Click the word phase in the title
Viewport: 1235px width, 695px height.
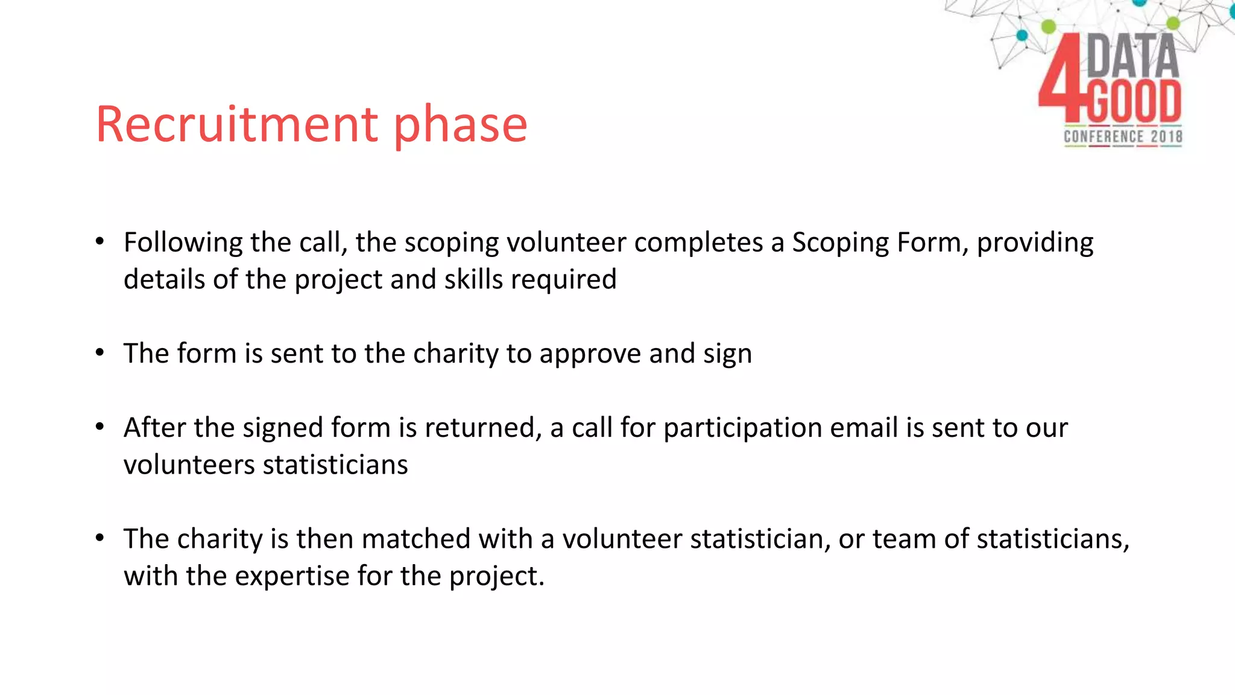(461, 124)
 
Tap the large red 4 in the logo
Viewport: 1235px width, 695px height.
(1061, 78)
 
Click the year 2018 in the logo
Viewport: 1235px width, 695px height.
(1166, 136)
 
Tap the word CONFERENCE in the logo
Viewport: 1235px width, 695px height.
(1104, 136)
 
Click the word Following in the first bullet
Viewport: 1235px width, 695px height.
(183, 243)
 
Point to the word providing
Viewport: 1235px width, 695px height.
(1035, 243)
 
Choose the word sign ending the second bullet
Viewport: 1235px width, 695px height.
(727, 354)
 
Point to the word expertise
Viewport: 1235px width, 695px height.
(291, 576)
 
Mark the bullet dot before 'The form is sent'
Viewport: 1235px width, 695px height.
(100, 353)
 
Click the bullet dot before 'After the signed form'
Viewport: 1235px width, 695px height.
(100, 427)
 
